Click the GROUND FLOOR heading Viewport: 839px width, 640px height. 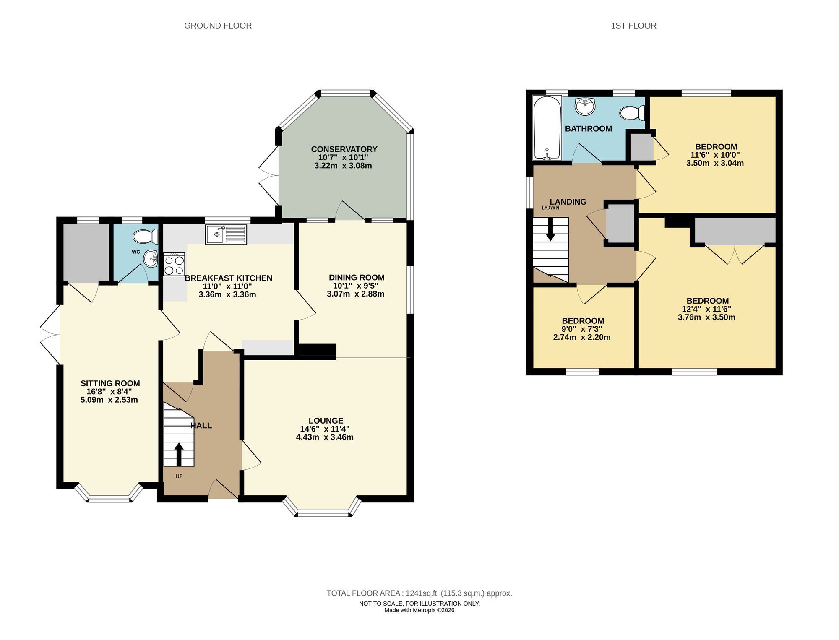[x=218, y=26]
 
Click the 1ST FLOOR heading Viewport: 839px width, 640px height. [x=633, y=26]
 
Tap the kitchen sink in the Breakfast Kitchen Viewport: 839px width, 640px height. [x=226, y=235]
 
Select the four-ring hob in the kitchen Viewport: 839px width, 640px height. [x=174, y=264]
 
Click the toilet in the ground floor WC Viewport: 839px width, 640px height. [x=145, y=237]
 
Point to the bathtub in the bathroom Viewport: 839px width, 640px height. [x=547, y=128]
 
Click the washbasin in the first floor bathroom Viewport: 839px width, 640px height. [x=585, y=107]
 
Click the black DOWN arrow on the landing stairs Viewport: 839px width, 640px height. [x=550, y=230]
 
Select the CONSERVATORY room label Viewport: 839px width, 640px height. [x=344, y=149]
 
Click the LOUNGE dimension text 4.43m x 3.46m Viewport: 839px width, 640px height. [x=325, y=437]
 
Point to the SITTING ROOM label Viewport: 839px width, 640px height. [x=110, y=383]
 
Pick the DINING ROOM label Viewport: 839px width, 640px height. [x=357, y=277]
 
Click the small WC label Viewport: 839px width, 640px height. [x=136, y=252]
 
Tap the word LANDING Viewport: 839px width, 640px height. [x=568, y=202]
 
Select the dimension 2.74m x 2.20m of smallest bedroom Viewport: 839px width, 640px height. [x=582, y=337]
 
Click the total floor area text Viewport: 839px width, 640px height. [x=419, y=593]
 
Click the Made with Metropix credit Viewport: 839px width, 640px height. [x=419, y=610]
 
